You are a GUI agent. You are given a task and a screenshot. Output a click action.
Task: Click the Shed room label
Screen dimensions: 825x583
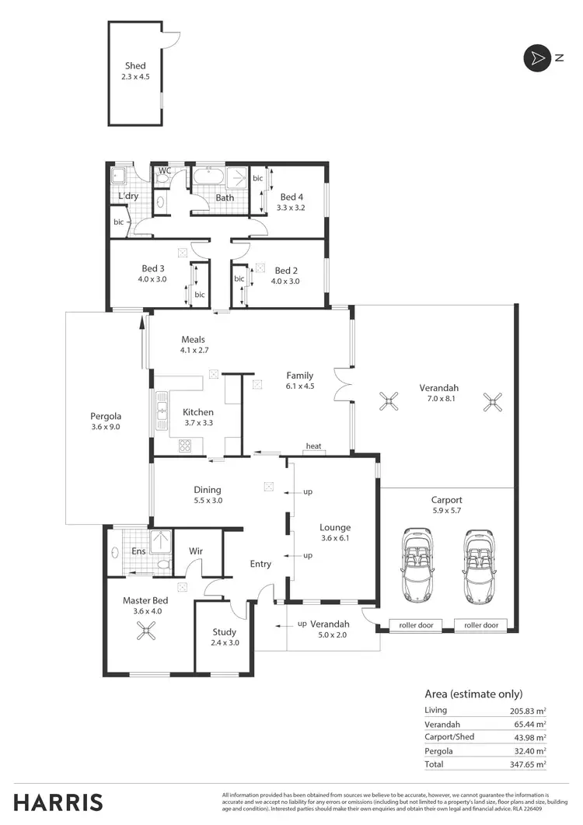point(135,66)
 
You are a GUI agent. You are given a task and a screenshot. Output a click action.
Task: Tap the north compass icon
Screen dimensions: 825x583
point(536,58)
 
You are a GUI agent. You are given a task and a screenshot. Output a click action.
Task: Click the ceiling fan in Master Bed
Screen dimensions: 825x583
point(146,634)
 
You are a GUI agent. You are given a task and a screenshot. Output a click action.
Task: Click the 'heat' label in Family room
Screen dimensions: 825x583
point(314,446)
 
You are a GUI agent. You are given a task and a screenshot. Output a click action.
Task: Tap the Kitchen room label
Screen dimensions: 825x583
point(197,412)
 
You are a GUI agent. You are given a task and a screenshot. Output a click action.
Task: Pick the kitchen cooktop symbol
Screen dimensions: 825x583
point(186,446)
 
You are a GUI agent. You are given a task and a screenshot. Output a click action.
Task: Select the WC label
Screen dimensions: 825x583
point(165,170)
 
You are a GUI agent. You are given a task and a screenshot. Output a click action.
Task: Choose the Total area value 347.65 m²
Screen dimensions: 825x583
point(529,764)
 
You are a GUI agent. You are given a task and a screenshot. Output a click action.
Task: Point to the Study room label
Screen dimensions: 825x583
point(223,632)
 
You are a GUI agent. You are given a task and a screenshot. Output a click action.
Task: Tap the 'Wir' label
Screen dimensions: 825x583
point(196,551)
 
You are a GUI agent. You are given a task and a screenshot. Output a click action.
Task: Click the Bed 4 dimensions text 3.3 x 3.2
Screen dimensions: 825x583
point(291,208)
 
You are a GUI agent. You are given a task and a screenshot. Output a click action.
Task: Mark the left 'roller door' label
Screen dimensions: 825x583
point(415,625)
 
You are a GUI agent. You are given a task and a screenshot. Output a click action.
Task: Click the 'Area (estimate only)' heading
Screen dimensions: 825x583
point(473,694)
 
